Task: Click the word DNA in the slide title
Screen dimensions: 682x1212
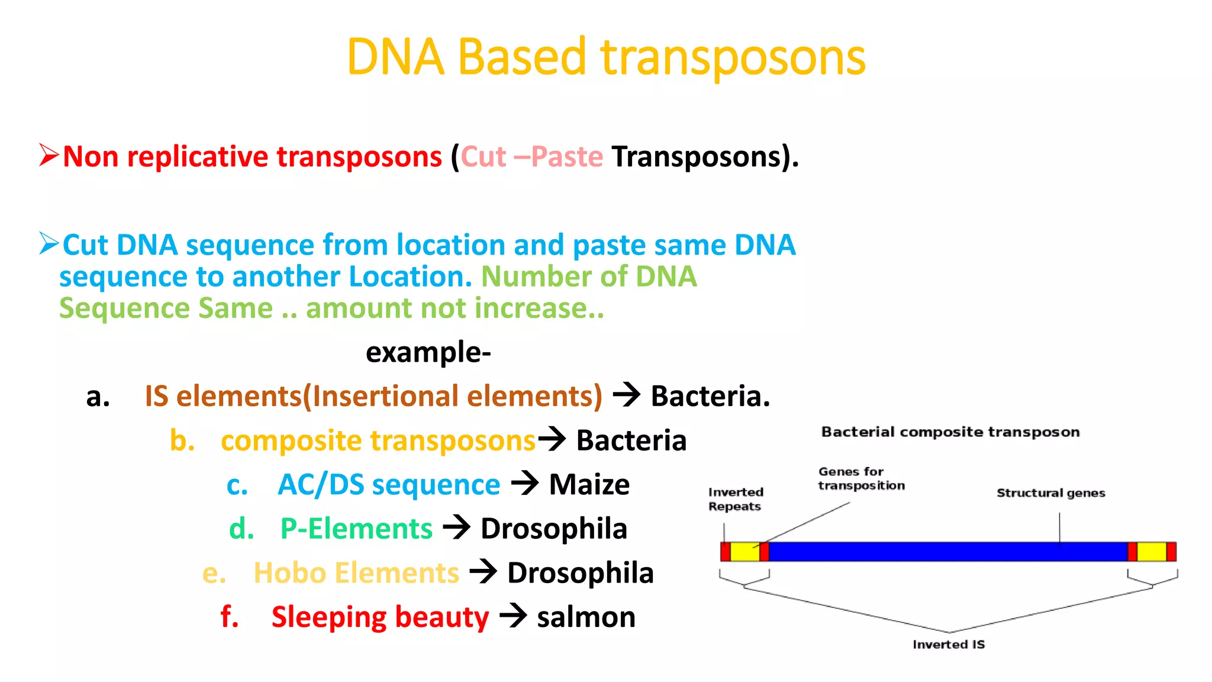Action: (x=395, y=57)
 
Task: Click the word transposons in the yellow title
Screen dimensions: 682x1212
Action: (x=733, y=58)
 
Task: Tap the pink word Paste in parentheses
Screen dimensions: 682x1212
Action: (x=567, y=157)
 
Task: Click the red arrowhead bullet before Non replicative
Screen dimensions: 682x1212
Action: (x=49, y=155)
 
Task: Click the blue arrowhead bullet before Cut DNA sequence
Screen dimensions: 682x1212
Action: (x=49, y=243)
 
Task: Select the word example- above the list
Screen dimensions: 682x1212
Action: (x=428, y=352)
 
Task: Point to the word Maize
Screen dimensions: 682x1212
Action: (x=589, y=484)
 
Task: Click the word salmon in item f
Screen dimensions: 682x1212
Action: (x=586, y=617)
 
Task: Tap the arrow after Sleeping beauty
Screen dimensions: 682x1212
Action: (x=513, y=616)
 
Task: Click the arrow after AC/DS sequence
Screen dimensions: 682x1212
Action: (x=525, y=483)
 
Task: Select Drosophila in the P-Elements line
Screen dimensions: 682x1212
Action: (x=553, y=529)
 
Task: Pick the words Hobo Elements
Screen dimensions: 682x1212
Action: (x=356, y=573)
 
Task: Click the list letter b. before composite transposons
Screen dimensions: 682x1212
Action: (x=182, y=440)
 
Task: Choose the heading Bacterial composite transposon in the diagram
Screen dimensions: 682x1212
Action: (x=950, y=432)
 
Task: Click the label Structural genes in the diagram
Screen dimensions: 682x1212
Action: (x=1050, y=493)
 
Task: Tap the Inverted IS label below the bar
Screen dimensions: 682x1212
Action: (x=949, y=644)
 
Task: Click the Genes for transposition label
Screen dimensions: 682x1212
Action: (x=861, y=478)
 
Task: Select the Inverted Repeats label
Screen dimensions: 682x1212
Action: (x=736, y=499)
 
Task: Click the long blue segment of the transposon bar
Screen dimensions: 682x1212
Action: (x=947, y=552)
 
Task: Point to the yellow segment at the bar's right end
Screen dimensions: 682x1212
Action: (x=1152, y=552)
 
